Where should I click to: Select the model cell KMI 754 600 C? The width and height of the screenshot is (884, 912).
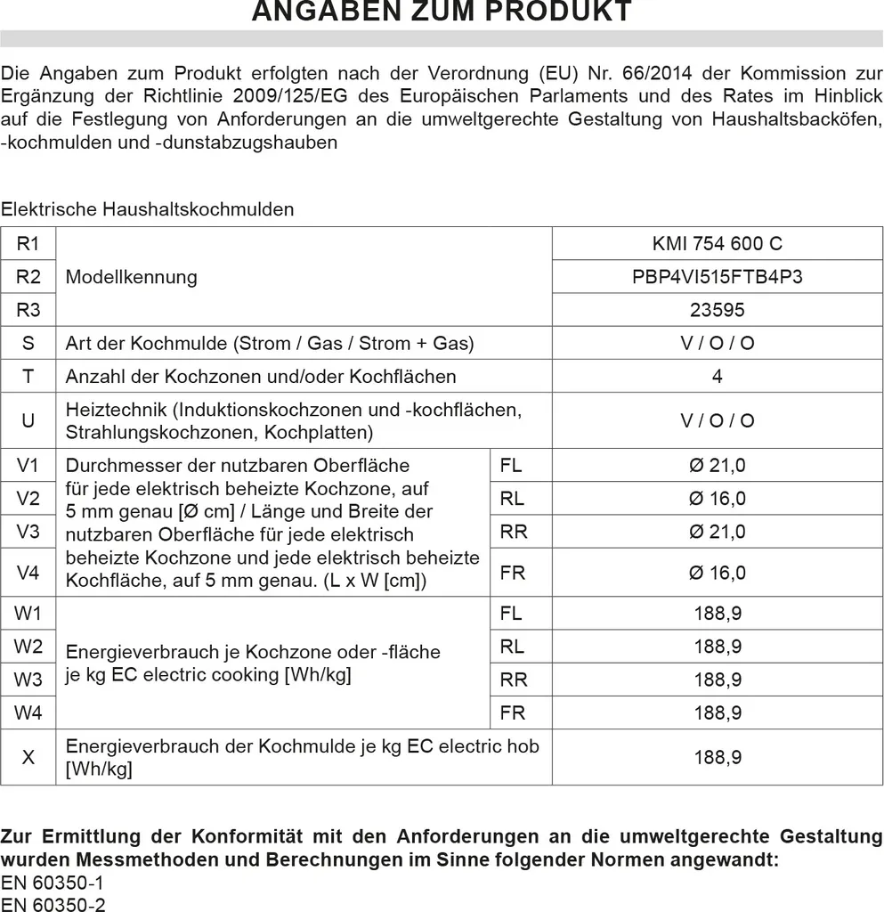[717, 243]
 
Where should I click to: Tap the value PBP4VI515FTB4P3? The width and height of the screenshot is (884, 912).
[717, 276]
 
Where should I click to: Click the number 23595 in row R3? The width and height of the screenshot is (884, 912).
[717, 310]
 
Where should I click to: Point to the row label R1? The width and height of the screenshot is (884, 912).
[28, 243]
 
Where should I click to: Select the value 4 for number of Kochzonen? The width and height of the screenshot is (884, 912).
[717, 376]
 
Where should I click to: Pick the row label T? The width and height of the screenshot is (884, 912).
[28, 376]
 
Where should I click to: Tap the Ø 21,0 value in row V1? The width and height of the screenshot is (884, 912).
[717, 465]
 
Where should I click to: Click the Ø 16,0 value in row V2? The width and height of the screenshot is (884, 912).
[717, 498]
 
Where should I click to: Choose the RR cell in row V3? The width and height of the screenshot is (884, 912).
[514, 532]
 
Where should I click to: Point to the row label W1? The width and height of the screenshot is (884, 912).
[28, 613]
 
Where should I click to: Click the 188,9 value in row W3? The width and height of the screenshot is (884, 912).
[717, 680]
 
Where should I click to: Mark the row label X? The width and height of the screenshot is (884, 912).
[28, 757]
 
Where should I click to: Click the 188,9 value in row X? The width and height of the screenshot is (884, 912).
[717, 757]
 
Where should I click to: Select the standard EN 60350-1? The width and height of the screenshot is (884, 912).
[53, 883]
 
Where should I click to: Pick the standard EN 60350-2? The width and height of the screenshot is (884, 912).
[53, 903]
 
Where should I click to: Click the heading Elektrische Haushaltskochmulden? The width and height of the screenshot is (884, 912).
[147, 209]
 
